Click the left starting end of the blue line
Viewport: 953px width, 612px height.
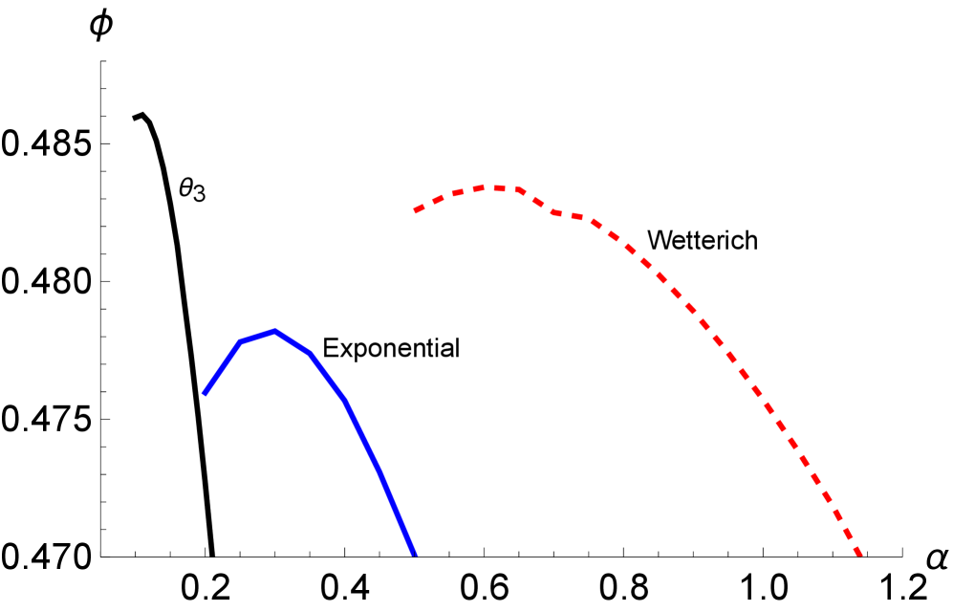[x=205, y=394]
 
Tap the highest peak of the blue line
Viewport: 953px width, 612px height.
[x=275, y=331]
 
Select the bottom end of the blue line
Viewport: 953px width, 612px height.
[x=415, y=554]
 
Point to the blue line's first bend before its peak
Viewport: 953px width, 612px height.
[x=240, y=341]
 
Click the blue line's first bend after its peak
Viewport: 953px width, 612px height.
[x=311, y=353]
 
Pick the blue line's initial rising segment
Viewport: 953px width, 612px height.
[x=222, y=368]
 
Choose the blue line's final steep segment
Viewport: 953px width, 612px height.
[x=397, y=512]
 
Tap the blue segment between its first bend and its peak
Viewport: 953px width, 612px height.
[x=258, y=336]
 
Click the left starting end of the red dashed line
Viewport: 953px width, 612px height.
[x=415, y=211]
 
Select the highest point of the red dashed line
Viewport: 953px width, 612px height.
[x=492, y=187]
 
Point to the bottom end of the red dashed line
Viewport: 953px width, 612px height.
[x=860, y=554]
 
